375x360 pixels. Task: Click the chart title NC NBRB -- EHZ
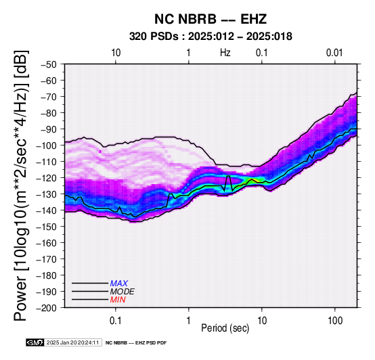click(x=211, y=19)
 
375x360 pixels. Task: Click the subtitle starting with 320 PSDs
click(x=211, y=37)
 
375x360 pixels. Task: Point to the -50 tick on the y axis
click(x=49, y=64)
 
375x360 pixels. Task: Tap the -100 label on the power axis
click(x=46, y=145)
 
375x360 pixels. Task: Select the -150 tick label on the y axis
click(x=46, y=227)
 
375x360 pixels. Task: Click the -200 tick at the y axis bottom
click(x=46, y=308)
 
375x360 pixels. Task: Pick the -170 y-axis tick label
click(x=46, y=259)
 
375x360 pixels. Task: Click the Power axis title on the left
click(x=21, y=185)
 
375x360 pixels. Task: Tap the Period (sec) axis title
click(x=225, y=328)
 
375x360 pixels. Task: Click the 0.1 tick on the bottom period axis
click(x=116, y=321)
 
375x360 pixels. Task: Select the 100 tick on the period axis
click(x=335, y=321)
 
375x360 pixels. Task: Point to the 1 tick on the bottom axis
click(x=189, y=321)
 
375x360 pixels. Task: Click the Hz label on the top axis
click(x=225, y=53)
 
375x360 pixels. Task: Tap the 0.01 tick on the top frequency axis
click(x=334, y=53)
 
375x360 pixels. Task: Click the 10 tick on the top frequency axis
click(x=116, y=53)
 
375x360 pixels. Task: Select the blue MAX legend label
click(x=118, y=284)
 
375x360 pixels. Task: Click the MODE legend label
click(x=123, y=292)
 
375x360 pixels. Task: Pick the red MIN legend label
click(x=118, y=300)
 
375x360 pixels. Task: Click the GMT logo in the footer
click(x=35, y=342)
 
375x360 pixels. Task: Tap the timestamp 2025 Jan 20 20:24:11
click(x=72, y=342)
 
